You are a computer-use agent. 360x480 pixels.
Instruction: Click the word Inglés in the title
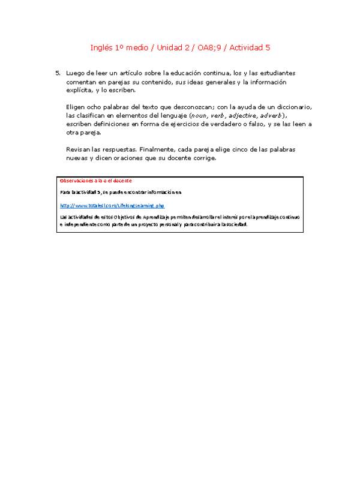pyautogui.click(x=101, y=47)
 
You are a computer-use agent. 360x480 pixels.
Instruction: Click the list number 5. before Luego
pyautogui.click(x=58, y=73)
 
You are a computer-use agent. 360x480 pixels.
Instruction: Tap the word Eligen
pyautogui.click(x=76, y=107)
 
